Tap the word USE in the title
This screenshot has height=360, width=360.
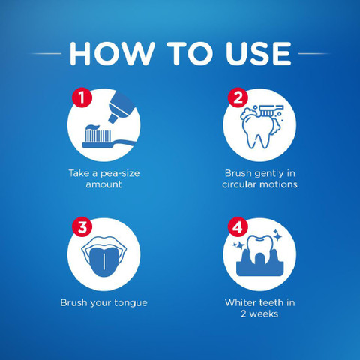[258, 54]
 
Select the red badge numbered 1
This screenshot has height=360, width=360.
[82, 97]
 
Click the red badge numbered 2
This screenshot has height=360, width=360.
[238, 97]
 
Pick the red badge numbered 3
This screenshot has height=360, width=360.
[82, 226]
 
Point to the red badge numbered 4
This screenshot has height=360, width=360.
[238, 226]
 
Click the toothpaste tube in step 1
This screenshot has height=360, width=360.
[122, 107]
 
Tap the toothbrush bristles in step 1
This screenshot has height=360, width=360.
[98, 136]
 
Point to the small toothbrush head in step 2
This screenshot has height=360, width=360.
[271, 110]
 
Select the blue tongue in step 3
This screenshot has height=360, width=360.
[103, 261]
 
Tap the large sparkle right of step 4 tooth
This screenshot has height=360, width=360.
[277, 235]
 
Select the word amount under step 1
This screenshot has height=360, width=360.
[103, 184]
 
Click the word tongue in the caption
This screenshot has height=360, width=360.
[130, 303]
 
